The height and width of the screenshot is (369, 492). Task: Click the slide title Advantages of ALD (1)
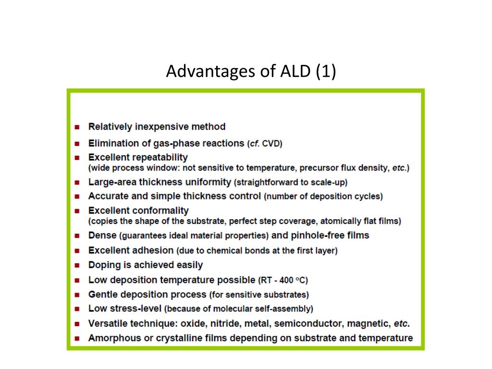click(x=251, y=71)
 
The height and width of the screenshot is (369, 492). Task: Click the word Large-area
click(x=111, y=182)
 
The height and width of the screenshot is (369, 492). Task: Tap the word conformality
click(x=160, y=210)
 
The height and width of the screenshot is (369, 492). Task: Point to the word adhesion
click(x=153, y=250)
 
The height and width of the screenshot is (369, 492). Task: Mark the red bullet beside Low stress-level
click(x=77, y=309)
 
